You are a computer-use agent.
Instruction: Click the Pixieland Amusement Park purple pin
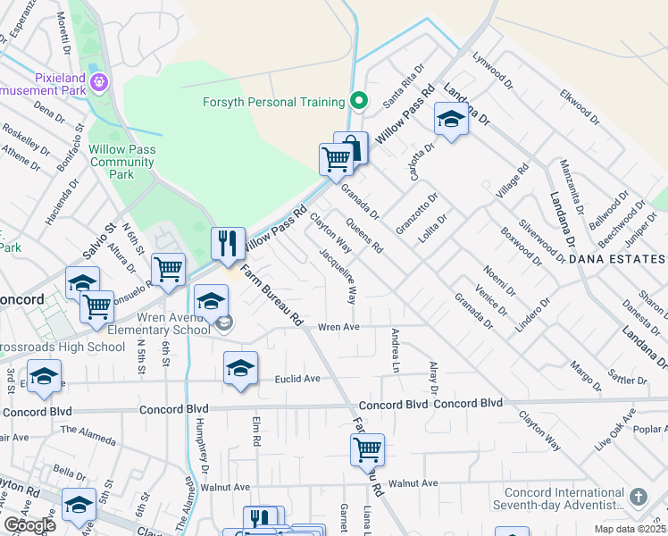click(98, 82)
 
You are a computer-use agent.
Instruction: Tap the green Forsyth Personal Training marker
click(359, 100)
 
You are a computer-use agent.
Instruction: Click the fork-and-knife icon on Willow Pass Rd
click(228, 243)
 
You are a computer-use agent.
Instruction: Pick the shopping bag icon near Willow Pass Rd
click(351, 147)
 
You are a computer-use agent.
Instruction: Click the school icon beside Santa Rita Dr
click(451, 120)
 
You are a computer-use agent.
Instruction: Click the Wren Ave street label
click(338, 327)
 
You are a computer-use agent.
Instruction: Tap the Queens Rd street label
click(364, 235)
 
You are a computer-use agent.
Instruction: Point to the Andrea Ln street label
click(393, 349)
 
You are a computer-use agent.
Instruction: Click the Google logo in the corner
click(29, 525)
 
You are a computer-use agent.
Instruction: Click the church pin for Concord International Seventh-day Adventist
click(639, 496)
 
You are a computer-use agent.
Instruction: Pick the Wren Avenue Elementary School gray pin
click(224, 322)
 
